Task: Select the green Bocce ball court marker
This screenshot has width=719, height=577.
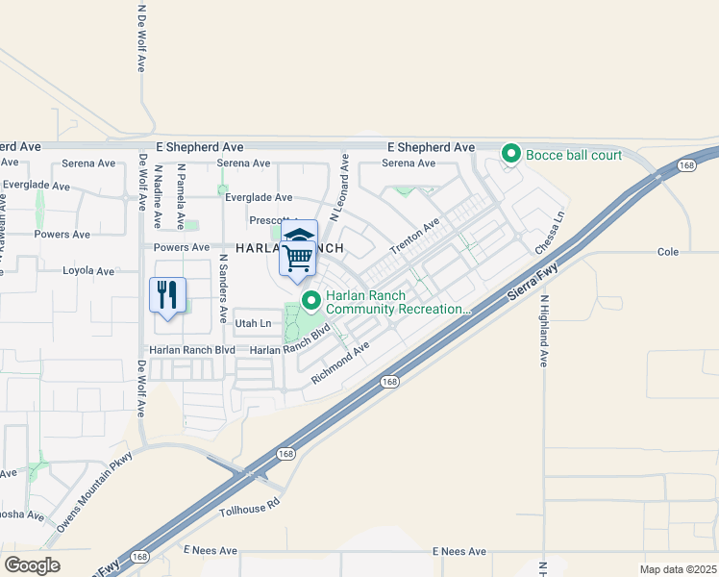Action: click(512, 154)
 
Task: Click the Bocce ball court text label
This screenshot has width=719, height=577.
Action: click(575, 155)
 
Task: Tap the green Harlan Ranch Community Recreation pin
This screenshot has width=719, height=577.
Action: click(311, 301)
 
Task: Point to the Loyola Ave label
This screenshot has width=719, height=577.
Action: click(87, 271)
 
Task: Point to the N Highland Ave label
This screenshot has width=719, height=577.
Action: click(543, 331)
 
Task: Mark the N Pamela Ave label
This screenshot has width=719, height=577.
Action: click(180, 196)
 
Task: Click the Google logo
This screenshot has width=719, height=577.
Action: click(32, 565)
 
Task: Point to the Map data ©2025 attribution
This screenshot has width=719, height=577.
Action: click(678, 569)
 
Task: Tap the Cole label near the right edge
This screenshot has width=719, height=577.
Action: click(668, 252)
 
